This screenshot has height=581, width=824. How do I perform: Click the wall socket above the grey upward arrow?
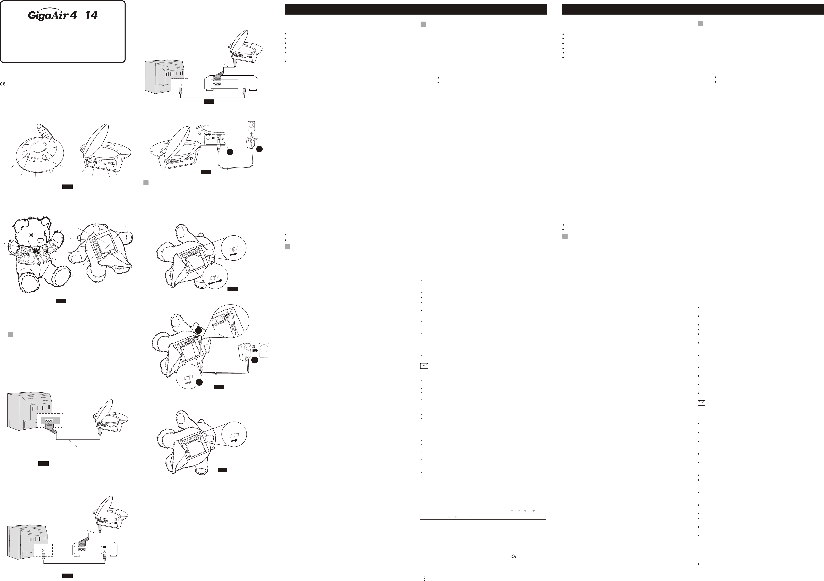pos(251,126)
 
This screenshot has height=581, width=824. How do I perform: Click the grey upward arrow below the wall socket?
pos(251,134)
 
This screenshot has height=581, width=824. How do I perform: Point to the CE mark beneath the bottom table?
pos(514,556)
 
